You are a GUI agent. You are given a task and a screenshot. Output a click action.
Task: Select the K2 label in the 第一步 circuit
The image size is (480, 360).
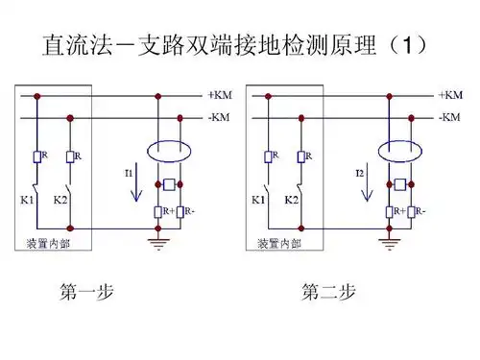(x=60, y=201)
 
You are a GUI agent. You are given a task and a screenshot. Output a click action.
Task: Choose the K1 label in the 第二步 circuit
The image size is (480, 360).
(x=258, y=201)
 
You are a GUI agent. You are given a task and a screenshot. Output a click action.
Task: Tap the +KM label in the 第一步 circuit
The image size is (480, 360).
(x=219, y=96)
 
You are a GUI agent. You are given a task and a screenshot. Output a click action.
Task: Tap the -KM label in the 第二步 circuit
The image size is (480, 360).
(x=450, y=117)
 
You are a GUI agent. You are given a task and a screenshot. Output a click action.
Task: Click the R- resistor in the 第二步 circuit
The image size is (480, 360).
(x=413, y=211)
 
